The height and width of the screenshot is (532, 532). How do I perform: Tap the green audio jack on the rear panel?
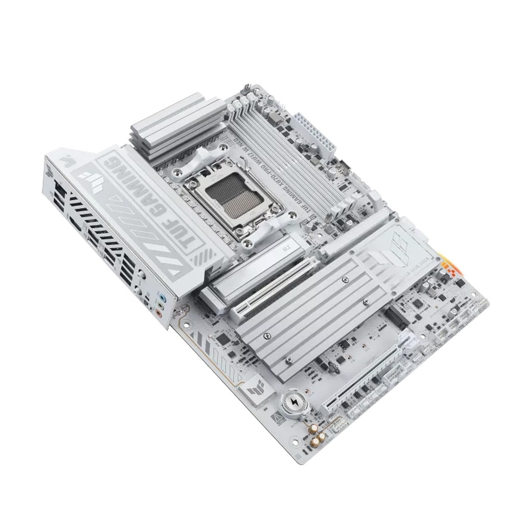(162, 307)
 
